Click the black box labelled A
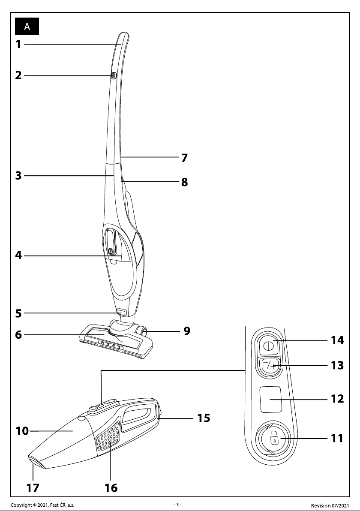coord(27,27)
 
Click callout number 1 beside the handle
coord(18,44)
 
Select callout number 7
coord(184,158)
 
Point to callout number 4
coord(18,255)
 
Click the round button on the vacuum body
coord(111,251)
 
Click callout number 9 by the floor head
coord(187,331)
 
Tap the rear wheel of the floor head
coord(143,334)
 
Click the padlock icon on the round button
coord(275,439)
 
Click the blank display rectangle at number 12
coord(270,399)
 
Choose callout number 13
coord(337,365)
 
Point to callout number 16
coord(111,488)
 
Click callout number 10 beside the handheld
coord(22,431)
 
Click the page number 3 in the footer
coord(177,505)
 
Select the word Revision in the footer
coord(321,505)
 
